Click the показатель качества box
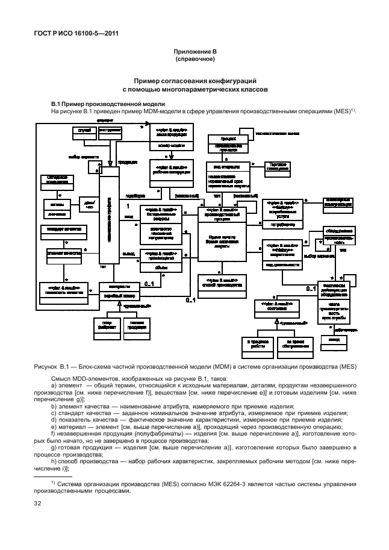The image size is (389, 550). pos(63,289)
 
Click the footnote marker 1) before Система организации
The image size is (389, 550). pos(53,483)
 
